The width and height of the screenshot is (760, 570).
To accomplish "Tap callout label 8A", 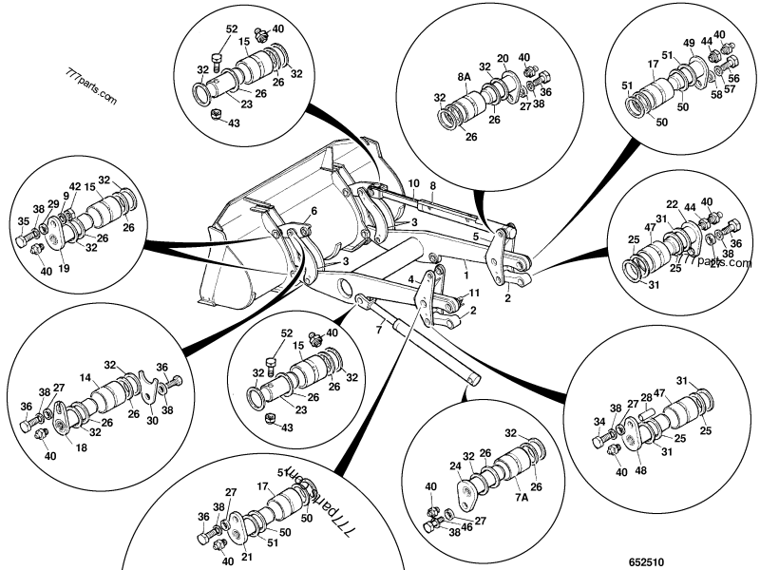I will [x=465, y=77].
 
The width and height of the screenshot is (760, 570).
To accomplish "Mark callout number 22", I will [x=672, y=204].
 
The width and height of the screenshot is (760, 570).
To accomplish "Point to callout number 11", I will [x=475, y=295].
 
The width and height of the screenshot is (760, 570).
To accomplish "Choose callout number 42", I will [x=75, y=188].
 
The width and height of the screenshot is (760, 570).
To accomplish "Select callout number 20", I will [x=503, y=59].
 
